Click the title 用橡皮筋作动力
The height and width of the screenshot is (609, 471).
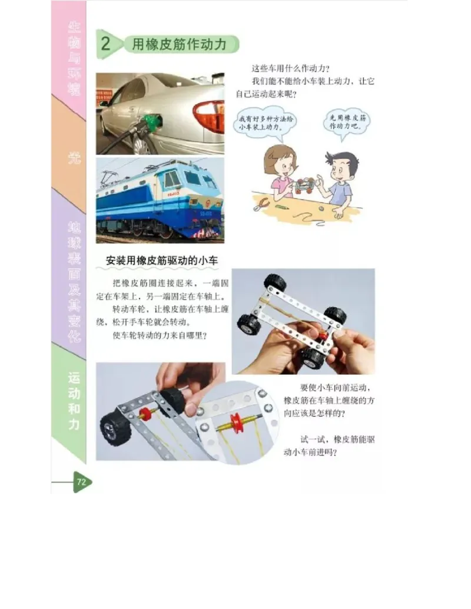tap(180, 45)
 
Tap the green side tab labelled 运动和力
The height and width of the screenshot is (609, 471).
tap(74, 400)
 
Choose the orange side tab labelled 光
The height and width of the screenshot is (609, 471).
tap(74, 158)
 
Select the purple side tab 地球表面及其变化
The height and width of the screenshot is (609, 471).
tap(74, 282)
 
